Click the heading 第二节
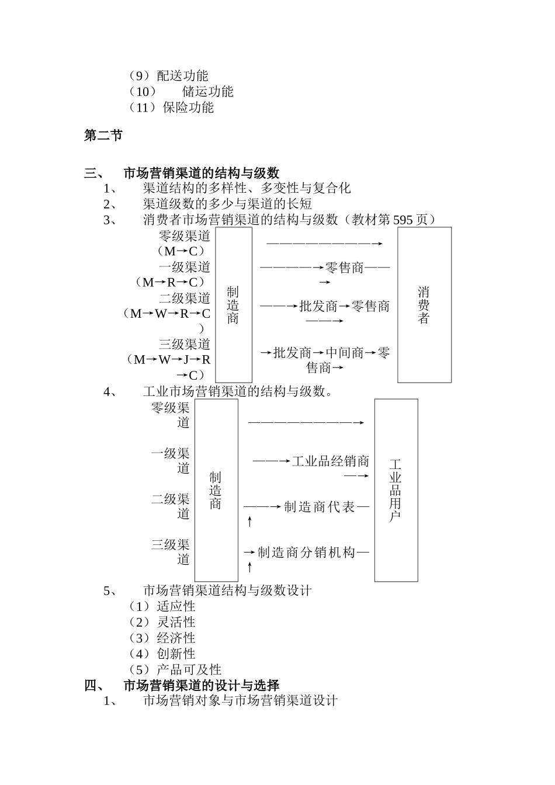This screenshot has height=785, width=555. click(103, 136)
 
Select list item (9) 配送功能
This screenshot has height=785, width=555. click(168, 76)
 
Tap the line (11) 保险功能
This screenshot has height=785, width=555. click(171, 107)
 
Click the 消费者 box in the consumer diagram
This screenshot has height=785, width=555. click(424, 305)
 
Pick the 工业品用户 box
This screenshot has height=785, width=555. click(396, 490)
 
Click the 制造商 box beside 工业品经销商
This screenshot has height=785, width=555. click(216, 490)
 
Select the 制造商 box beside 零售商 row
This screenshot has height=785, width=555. click(233, 305)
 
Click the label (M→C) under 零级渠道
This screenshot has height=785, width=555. click(181, 251)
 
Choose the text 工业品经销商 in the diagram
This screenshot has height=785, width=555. click(330, 461)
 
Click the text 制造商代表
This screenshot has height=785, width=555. click(320, 507)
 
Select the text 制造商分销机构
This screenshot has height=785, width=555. click(306, 553)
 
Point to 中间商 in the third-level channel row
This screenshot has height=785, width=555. click(344, 353)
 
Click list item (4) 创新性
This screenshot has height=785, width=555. click(162, 654)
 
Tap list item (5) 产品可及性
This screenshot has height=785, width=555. click(175, 670)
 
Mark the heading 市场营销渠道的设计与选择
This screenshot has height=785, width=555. click(201, 686)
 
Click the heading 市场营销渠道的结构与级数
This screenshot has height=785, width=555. click(201, 173)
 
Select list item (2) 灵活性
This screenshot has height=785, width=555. click(162, 623)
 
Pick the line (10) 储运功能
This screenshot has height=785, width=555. click(182, 92)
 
